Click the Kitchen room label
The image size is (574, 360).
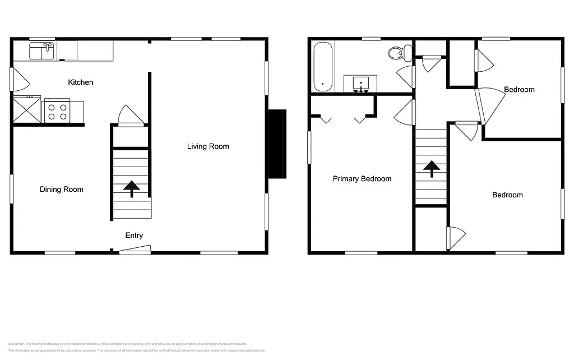81,82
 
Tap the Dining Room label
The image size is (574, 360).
61,190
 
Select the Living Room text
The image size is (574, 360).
208,146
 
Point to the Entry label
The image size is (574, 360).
133,236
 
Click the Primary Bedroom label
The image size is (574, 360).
362,179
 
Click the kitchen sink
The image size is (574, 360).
42,51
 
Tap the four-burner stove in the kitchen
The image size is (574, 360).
56,110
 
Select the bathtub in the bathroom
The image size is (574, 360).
323,67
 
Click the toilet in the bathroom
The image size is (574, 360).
397,53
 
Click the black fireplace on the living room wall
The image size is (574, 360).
276,144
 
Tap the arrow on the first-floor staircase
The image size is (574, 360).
132,189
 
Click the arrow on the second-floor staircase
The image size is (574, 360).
431,168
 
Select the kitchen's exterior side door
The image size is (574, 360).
20,79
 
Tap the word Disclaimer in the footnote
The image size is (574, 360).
16,344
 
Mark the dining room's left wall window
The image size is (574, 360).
11,191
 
